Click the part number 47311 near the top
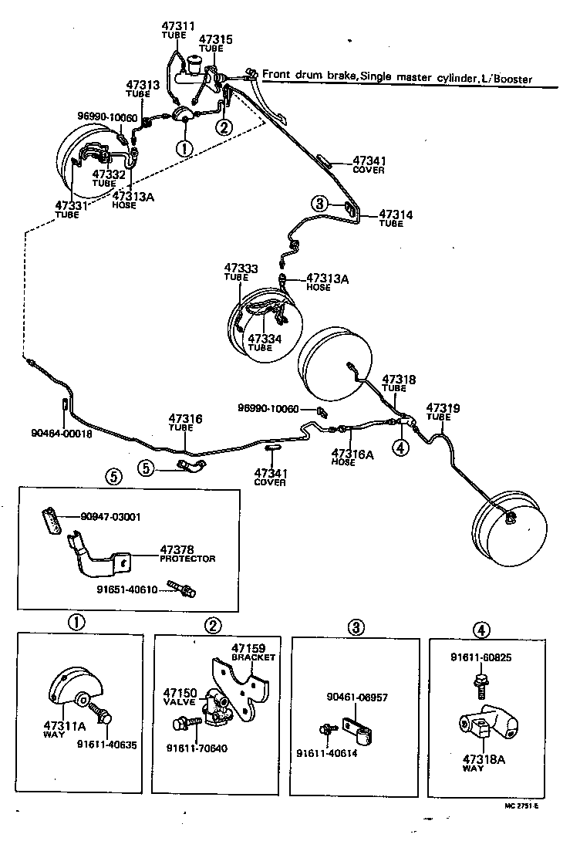click(178, 26)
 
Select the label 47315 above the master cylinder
click(216, 39)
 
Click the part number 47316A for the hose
click(352, 454)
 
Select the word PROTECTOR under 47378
click(187, 559)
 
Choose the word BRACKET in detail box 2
click(253, 657)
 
